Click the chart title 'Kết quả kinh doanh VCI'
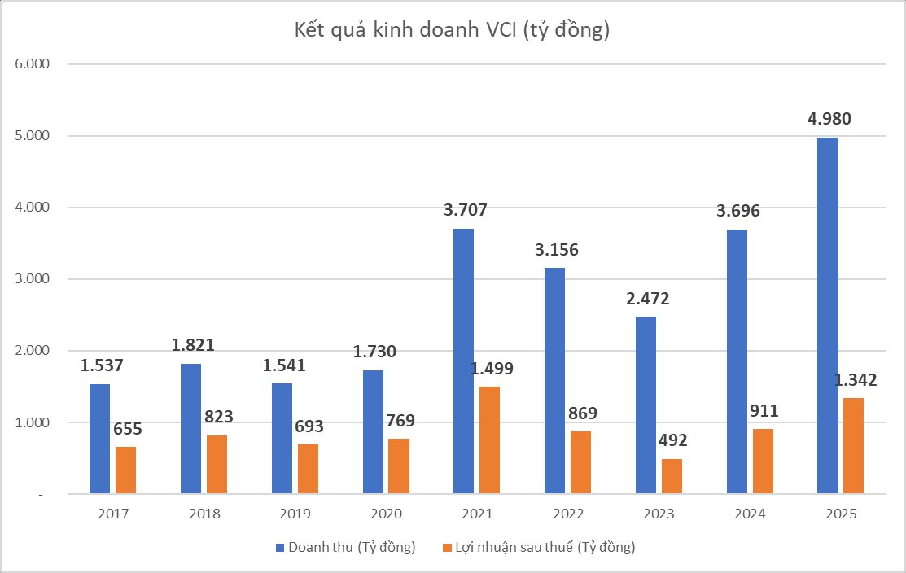tap(452, 31)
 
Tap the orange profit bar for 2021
tap(489, 440)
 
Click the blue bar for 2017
tap(99, 439)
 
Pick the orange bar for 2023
tap(672, 476)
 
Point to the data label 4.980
tap(827, 120)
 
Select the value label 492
tap(672, 440)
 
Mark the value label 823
tap(217, 417)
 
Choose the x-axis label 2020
tap(386, 514)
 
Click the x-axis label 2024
tap(750, 514)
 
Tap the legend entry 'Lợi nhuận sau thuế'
tap(538, 547)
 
